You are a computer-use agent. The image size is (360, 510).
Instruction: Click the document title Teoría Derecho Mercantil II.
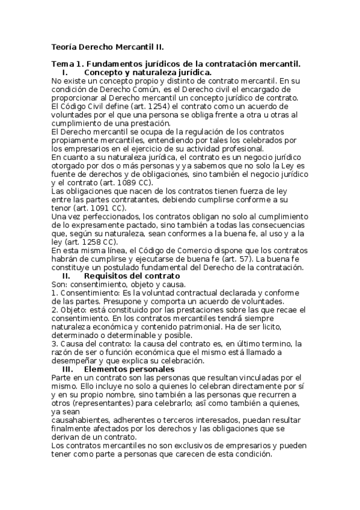pyautogui.click(x=108, y=46)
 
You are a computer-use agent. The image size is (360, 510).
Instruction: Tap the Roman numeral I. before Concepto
pyautogui.click(x=65, y=72)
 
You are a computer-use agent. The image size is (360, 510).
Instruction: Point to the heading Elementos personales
pyautogui.click(x=129, y=369)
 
